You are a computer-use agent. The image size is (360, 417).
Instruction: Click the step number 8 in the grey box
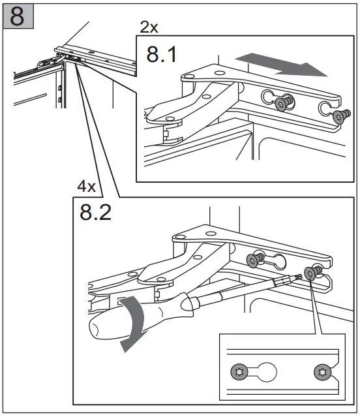[17, 16]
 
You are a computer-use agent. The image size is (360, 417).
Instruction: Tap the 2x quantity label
[149, 27]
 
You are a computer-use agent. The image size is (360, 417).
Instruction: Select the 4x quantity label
[86, 186]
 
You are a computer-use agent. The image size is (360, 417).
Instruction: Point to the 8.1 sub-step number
[161, 55]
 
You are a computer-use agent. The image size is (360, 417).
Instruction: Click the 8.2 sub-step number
[95, 212]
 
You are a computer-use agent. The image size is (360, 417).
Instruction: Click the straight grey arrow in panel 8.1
[282, 64]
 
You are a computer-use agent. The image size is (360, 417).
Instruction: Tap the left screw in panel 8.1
[284, 102]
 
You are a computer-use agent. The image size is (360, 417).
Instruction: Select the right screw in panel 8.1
[341, 116]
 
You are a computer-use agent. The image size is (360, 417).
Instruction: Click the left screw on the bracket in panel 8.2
[255, 260]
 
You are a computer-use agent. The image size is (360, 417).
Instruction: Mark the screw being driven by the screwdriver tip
[312, 273]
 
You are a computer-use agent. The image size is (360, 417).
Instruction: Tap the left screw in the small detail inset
[239, 372]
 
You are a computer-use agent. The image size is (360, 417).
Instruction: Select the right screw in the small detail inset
[323, 372]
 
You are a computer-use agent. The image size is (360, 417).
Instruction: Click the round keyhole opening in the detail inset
[267, 372]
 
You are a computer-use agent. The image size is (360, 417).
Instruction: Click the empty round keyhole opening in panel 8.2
[279, 261]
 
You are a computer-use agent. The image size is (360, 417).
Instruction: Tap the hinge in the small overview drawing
[50, 62]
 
